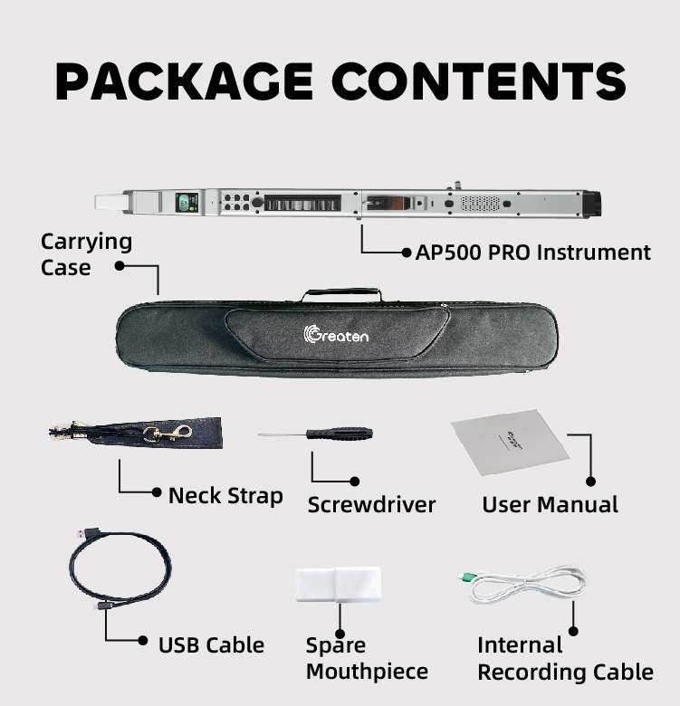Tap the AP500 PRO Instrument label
click(x=532, y=253)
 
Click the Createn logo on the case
click(x=336, y=335)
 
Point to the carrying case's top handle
click(x=341, y=294)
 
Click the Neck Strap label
click(x=225, y=495)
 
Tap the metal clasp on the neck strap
click(x=167, y=434)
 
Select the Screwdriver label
click(x=371, y=504)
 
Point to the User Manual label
click(x=550, y=504)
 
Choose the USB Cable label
click(x=211, y=645)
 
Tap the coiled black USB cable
click(x=119, y=569)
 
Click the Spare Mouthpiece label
click(x=367, y=658)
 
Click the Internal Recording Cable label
click(x=564, y=658)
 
